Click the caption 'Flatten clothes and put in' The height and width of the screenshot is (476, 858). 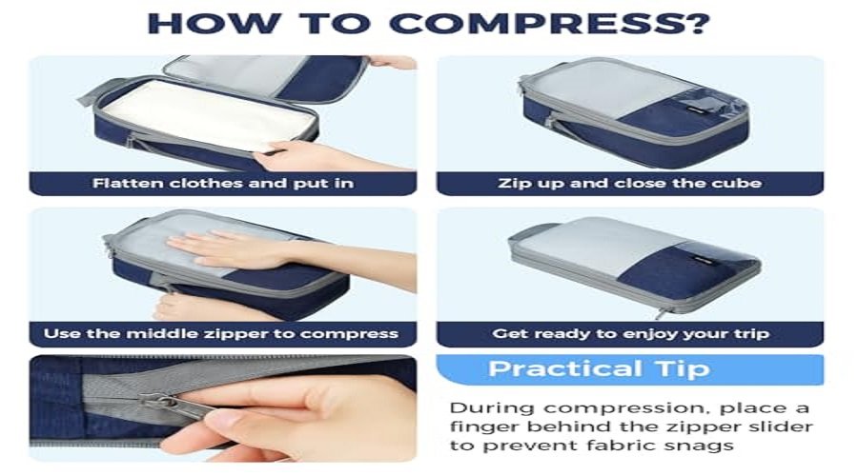(x=223, y=183)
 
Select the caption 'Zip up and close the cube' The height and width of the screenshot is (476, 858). (x=630, y=183)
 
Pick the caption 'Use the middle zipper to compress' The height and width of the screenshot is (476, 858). (x=221, y=333)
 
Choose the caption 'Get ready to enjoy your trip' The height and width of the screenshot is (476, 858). (x=630, y=333)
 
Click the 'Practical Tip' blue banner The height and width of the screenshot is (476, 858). (x=630, y=369)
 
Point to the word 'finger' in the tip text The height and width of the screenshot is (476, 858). (x=483, y=426)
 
